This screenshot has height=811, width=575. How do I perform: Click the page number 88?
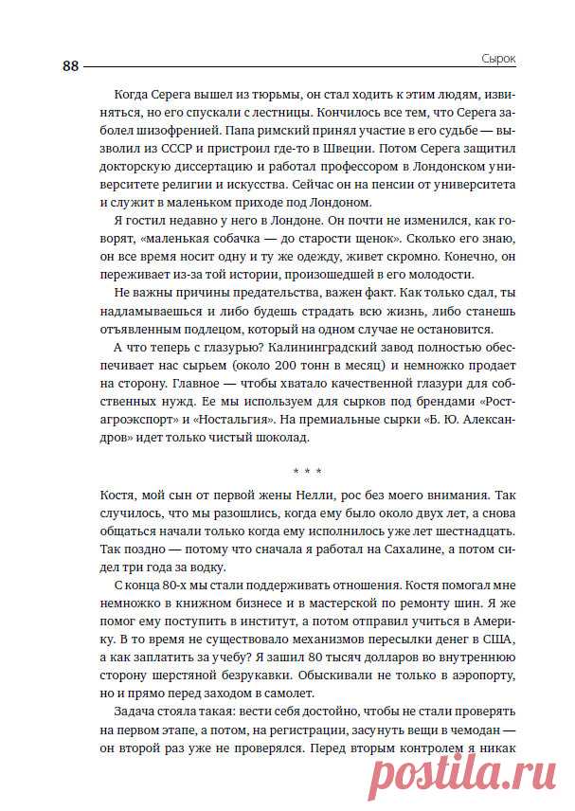71,65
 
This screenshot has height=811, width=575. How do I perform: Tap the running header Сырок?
495,59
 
